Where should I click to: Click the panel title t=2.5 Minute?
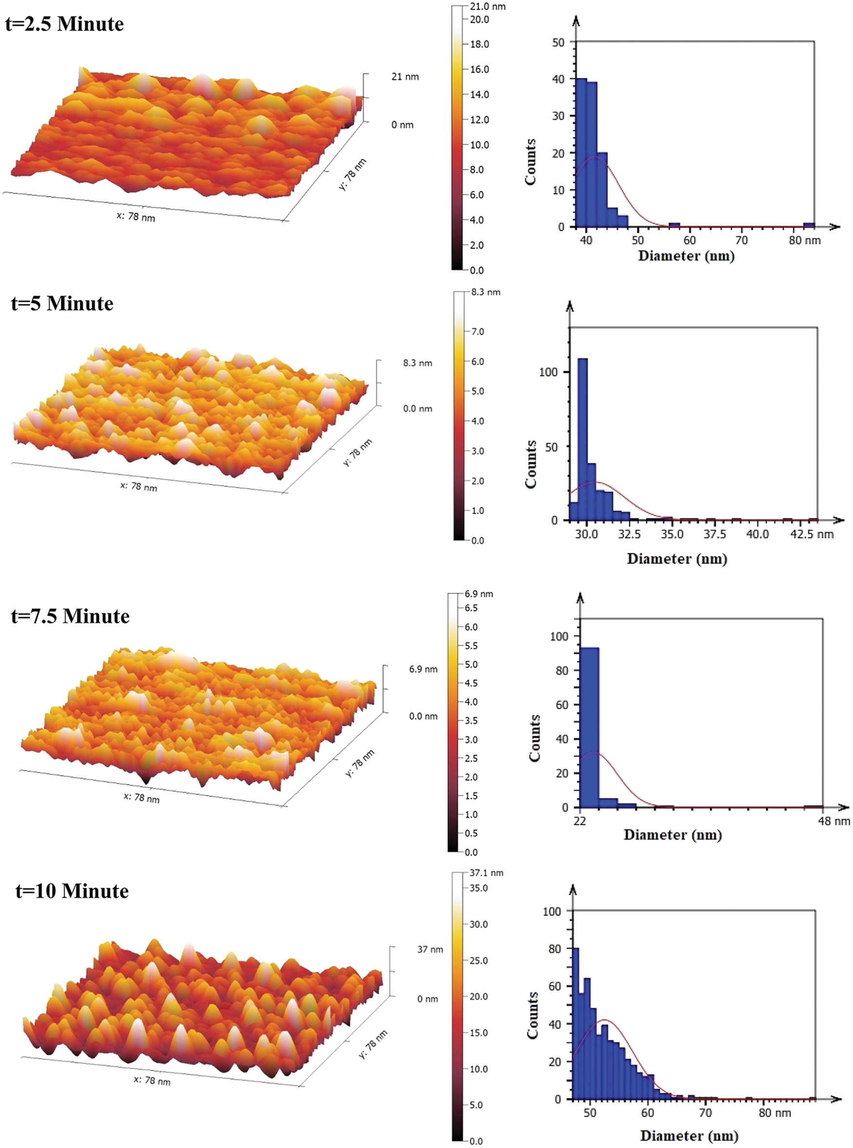coord(65,24)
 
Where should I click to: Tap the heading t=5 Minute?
coord(62,303)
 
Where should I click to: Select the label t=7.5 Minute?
coord(70,616)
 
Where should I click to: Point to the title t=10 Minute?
coord(72,890)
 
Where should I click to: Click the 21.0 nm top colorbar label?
coord(488,7)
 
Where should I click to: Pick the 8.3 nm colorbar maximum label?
coord(485,292)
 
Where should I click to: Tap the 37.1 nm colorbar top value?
coord(486,872)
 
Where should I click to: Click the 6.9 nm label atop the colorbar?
coord(479,593)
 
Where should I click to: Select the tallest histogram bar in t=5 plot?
coord(582,439)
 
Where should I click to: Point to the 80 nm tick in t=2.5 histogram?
coord(804,241)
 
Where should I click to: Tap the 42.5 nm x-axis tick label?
coord(812,534)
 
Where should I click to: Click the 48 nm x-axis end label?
coord(834,821)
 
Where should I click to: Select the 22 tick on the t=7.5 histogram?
coord(580,821)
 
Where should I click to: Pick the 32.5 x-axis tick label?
coord(630,534)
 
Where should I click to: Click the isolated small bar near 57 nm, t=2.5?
coord(674,225)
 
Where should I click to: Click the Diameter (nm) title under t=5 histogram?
coord(676,558)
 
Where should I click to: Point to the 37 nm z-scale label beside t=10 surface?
coord(430,949)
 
